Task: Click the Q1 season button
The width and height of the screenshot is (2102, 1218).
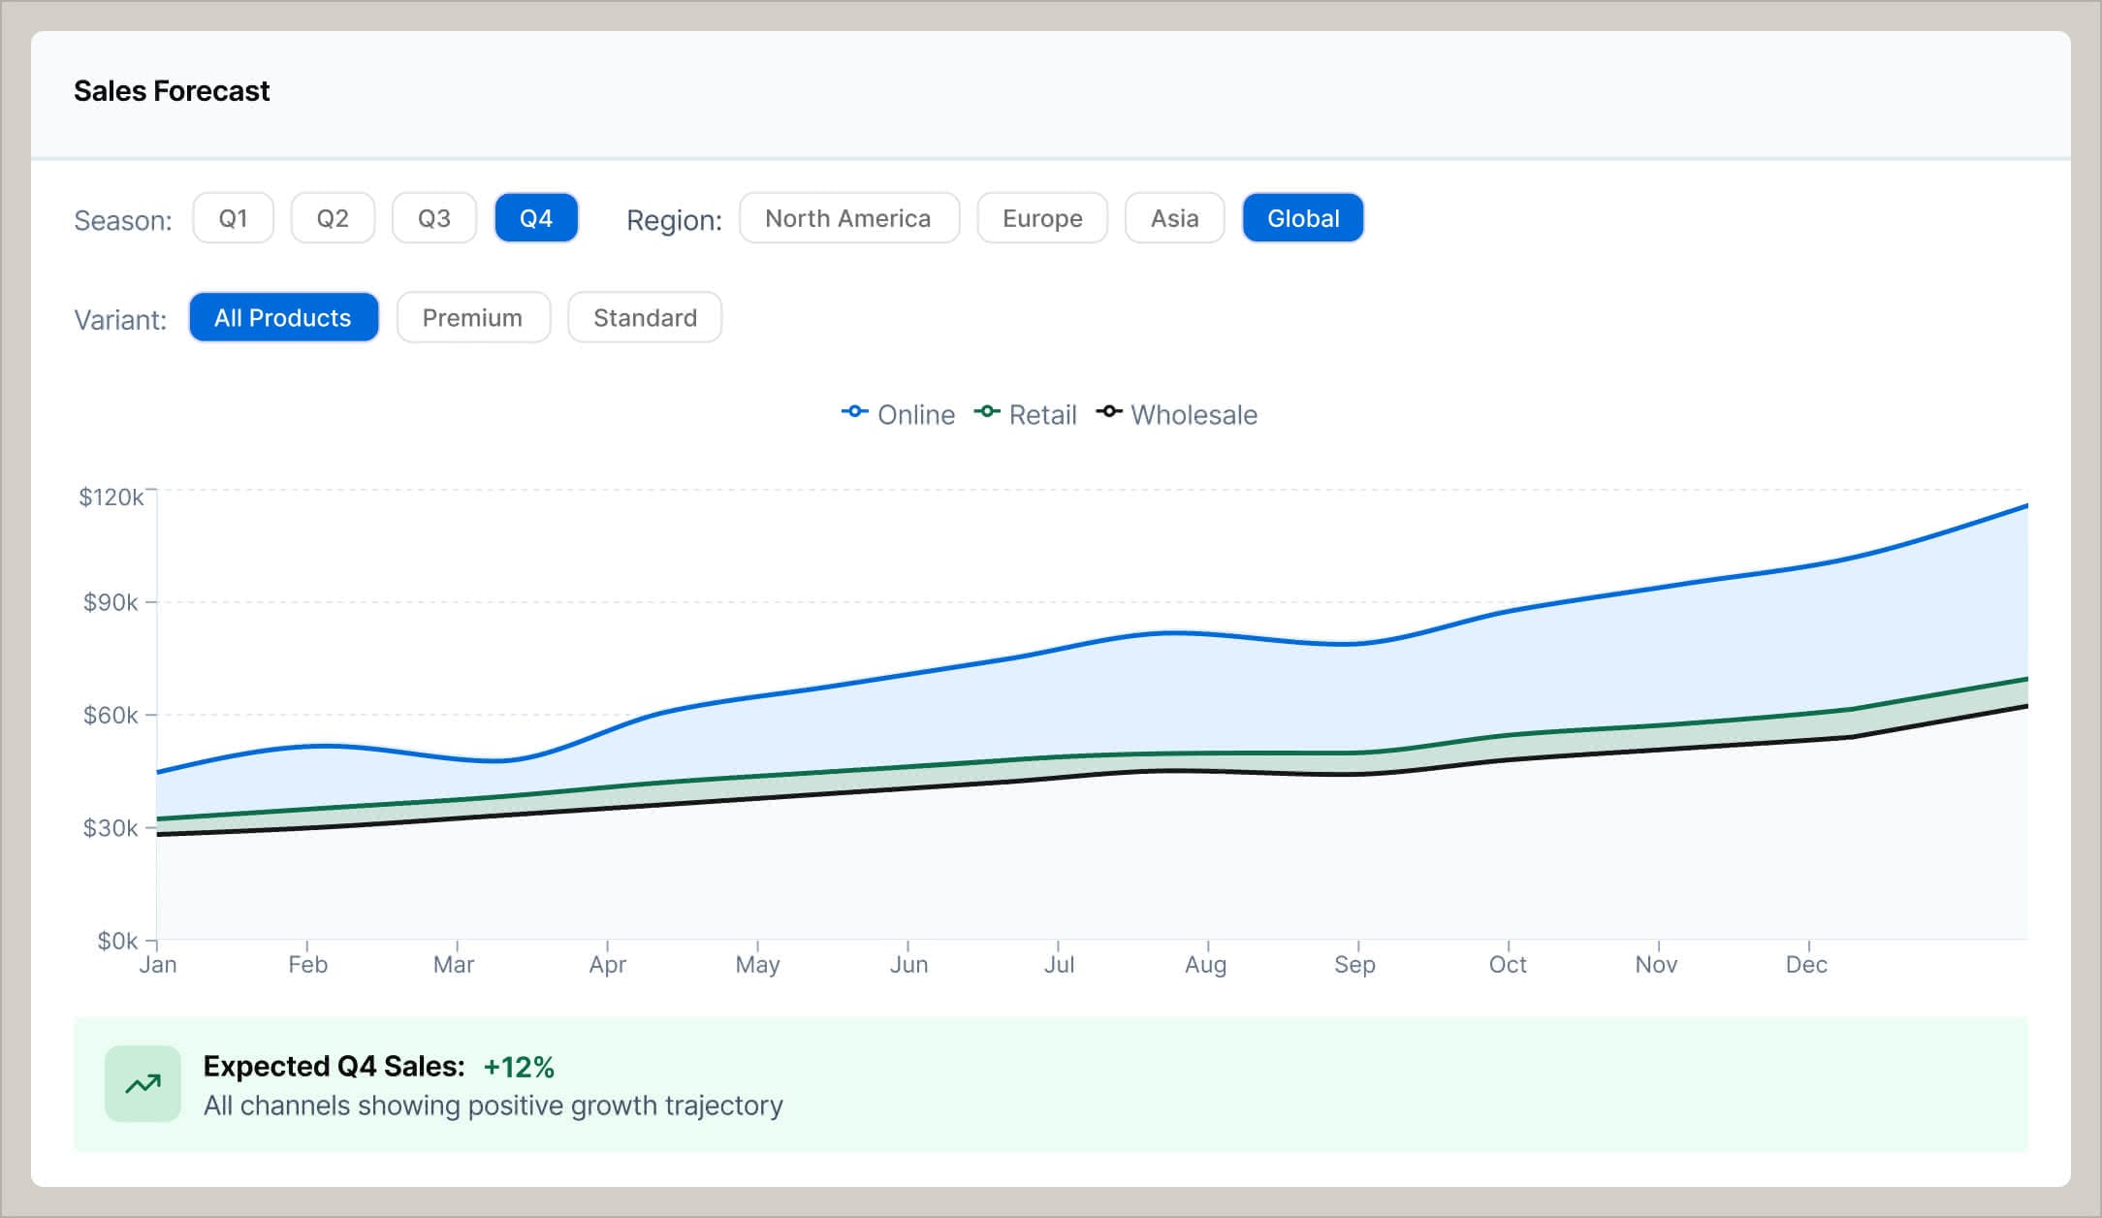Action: pos(233,218)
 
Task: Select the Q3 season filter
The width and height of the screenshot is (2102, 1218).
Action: pos(433,218)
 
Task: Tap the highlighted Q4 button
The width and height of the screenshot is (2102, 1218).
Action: pos(536,218)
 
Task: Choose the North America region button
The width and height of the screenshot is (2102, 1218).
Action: pos(848,218)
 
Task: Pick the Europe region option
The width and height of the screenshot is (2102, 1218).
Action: pos(1042,218)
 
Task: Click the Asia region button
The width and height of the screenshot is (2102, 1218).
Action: pos(1174,218)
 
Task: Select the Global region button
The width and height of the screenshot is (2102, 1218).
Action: pos(1302,218)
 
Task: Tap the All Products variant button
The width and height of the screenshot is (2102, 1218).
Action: pos(283,318)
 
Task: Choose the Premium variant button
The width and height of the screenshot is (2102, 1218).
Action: pos(473,318)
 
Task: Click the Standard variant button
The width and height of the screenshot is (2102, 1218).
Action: pos(645,318)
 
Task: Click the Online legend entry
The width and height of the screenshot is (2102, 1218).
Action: pos(899,415)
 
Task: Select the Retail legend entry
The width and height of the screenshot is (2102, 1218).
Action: pos(1026,415)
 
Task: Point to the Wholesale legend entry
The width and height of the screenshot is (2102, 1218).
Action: pos(1177,415)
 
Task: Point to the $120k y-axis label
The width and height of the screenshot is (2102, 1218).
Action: pos(111,497)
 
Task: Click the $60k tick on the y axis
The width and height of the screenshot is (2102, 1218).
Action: pos(111,716)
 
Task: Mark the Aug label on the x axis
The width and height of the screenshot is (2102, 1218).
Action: pos(1205,965)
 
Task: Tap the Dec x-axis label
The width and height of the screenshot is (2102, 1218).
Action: pos(1806,965)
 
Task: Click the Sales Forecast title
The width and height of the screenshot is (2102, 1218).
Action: pos(172,91)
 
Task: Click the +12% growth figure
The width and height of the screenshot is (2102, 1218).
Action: pos(519,1067)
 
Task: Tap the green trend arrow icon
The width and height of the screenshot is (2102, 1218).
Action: pos(143,1084)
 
